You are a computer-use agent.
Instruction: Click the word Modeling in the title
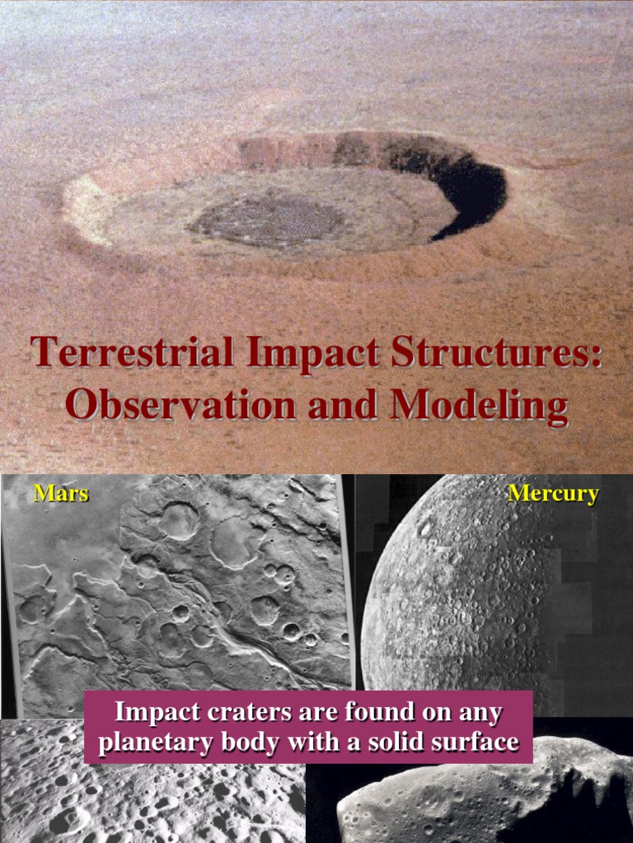pyautogui.click(x=479, y=406)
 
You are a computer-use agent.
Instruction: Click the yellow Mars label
pyautogui.click(x=60, y=494)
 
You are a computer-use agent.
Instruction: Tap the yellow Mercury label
pyautogui.click(x=553, y=494)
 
